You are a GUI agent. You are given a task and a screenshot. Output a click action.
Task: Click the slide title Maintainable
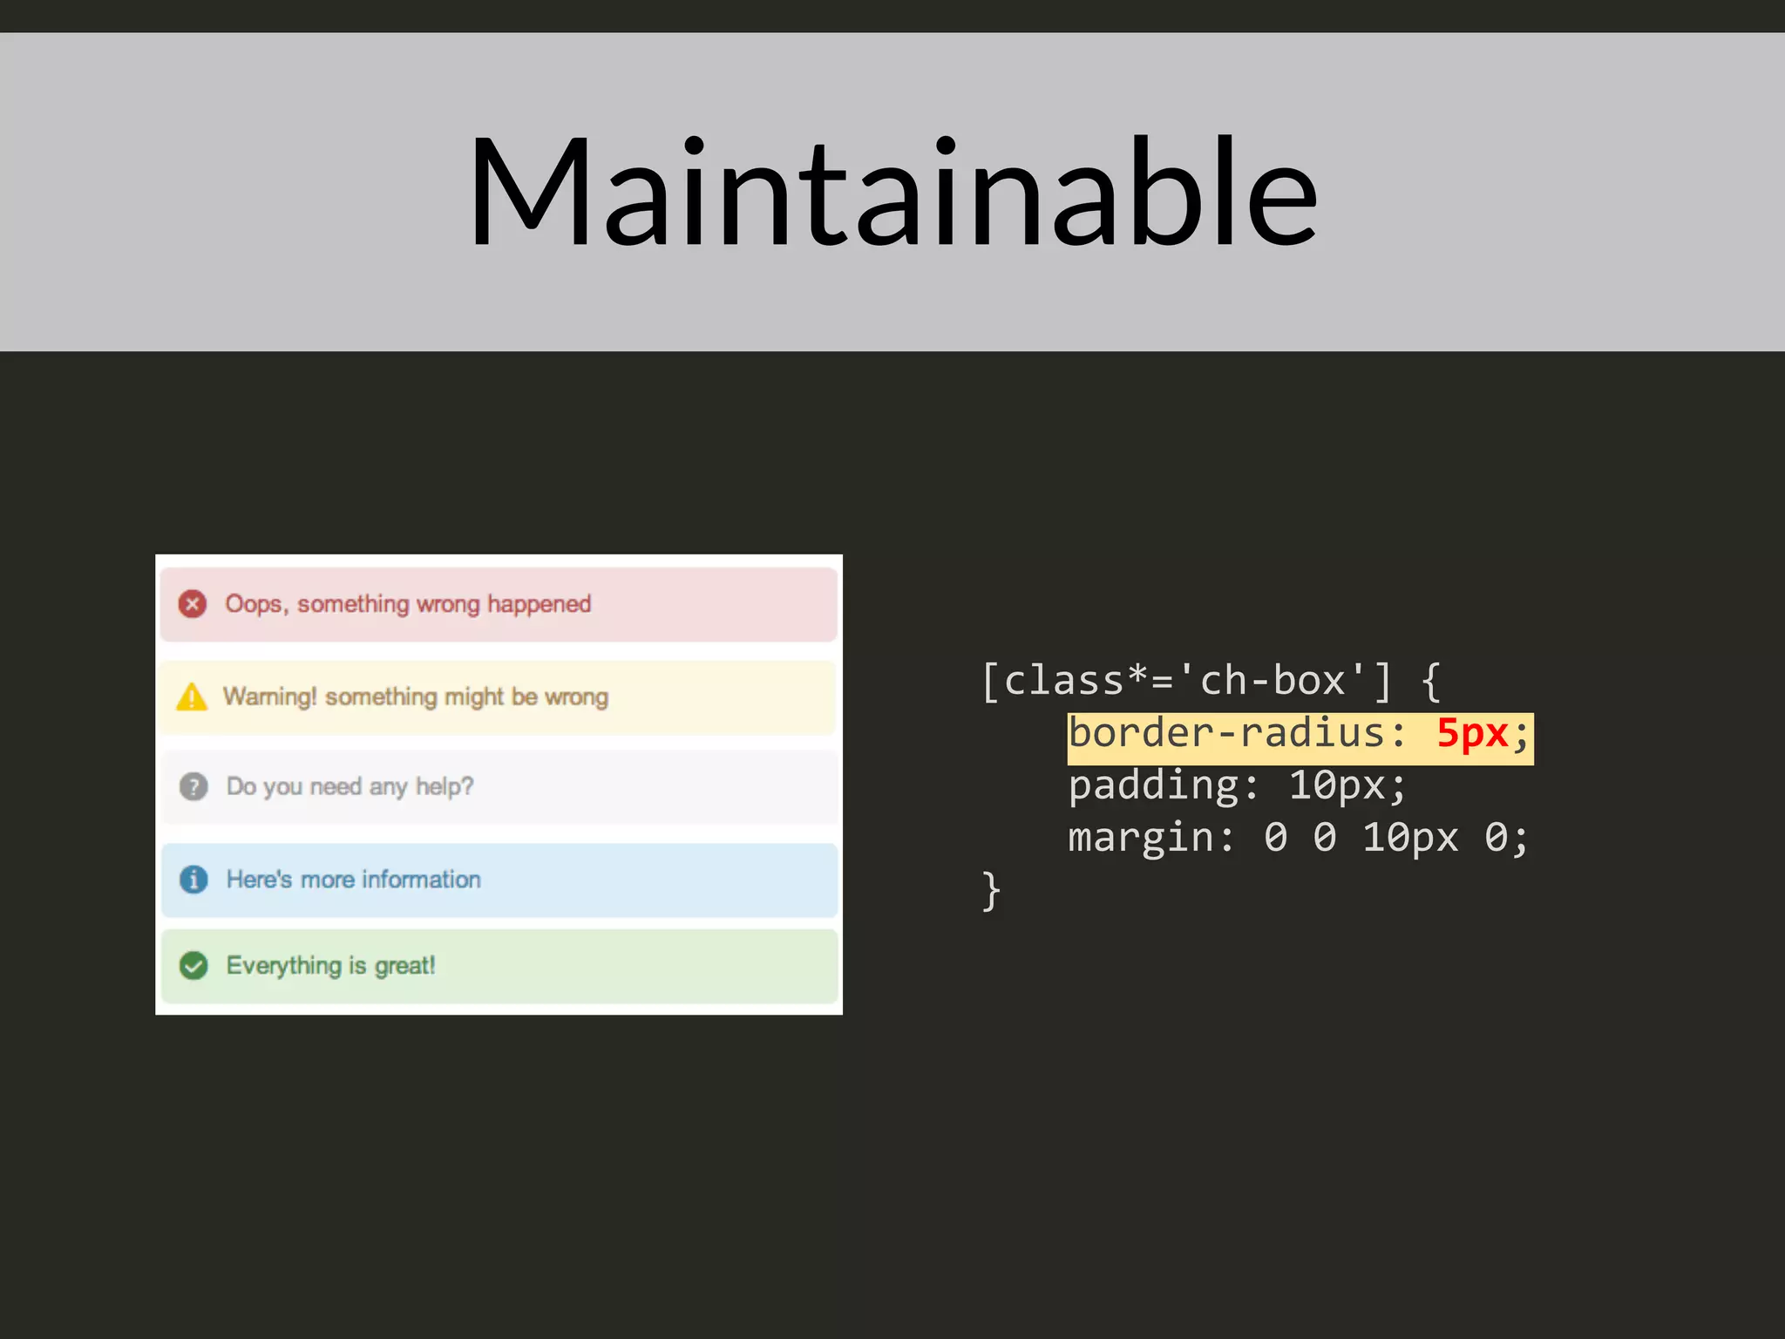click(892, 194)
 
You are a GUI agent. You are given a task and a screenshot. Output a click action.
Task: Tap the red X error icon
click(193, 604)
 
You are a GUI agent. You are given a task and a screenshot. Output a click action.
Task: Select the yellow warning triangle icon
click(192, 697)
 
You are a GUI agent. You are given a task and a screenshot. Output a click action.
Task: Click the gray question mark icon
click(193, 786)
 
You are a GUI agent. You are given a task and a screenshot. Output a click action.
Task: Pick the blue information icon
click(193, 879)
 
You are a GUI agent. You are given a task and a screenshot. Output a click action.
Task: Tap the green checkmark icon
click(193, 966)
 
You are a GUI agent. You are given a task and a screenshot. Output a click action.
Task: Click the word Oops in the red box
click(254, 604)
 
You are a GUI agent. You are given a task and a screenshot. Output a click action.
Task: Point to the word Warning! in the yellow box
click(269, 697)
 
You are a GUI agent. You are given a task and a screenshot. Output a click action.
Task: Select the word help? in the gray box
click(445, 786)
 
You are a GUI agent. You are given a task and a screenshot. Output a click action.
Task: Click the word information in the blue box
click(421, 879)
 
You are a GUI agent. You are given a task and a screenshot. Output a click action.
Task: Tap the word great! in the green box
click(404, 966)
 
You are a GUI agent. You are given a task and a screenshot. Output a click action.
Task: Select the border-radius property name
click(1226, 734)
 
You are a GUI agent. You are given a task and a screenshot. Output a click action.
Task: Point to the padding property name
click(1153, 786)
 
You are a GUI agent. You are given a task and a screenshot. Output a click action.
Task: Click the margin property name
click(1140, 839)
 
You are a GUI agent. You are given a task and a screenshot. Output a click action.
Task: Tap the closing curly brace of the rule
click(991, 891)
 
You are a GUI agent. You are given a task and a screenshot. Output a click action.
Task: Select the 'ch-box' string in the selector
click(1272, 680)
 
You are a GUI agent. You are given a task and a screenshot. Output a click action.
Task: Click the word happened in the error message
click(539, 604)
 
